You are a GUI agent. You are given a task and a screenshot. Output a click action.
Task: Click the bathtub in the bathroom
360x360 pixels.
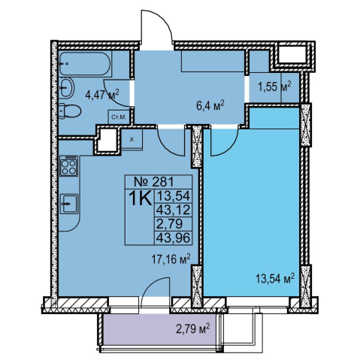pos(85,64)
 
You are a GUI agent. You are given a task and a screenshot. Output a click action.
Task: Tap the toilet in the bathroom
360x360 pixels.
pos(70,111)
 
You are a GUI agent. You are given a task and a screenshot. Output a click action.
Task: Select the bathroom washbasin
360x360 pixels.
pos(67,87)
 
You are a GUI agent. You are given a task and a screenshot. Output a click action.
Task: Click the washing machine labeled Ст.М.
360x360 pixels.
pos(119,116)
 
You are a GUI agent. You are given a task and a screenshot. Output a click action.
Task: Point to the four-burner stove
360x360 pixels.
pos(68,165)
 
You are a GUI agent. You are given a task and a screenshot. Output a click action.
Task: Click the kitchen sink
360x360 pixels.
pos(68,204)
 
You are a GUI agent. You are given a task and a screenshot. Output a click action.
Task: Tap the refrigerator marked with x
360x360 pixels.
pos(132,140)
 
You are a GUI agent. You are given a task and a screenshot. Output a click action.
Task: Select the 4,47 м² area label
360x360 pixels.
pos(102,95)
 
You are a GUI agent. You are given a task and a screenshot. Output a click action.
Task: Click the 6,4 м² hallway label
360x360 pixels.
pos(210,106)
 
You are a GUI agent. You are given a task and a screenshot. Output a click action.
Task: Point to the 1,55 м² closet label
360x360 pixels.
pos(275,86)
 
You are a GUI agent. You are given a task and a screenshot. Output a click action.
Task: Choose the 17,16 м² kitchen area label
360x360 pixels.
pos(171,259)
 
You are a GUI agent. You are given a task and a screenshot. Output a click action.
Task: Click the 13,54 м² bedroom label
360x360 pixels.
pos(275,278)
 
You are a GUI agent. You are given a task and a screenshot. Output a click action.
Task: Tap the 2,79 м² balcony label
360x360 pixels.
pos(192,329)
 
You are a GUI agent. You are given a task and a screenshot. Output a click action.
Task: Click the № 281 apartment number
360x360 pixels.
pos(154,182)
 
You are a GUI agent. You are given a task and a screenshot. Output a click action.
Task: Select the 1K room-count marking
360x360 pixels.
pos(140,198)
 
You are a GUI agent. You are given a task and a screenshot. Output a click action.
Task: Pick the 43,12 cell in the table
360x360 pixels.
pos(173,210)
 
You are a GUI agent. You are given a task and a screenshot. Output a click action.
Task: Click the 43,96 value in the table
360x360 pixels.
pos(173,237)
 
